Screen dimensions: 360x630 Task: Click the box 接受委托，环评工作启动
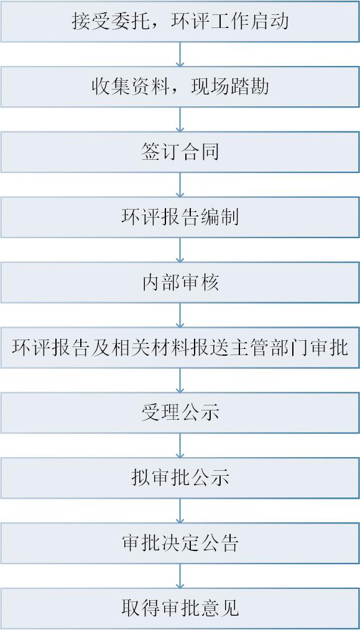180,21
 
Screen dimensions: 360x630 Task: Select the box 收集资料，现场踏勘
180,87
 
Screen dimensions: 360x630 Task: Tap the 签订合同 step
180,152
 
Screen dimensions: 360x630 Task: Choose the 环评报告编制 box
180,217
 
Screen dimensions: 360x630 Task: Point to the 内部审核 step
180,282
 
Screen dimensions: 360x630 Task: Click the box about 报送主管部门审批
180,348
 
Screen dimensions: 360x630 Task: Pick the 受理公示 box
180,412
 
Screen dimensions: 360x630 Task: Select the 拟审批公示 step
180,478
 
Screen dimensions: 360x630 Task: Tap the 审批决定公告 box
180,543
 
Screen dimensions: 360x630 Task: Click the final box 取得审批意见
180,608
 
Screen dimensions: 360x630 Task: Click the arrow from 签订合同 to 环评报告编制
180,185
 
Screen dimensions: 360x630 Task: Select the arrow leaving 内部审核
180,315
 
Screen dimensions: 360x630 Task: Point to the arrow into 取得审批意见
180,576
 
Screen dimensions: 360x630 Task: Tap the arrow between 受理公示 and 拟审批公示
180,445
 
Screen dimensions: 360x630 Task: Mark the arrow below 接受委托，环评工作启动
180,54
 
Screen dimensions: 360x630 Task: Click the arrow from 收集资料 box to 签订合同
180,119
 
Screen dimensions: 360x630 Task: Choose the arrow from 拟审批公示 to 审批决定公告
180,511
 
